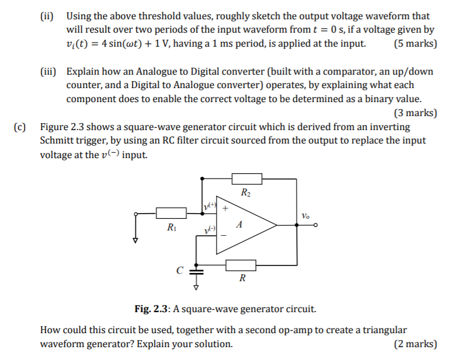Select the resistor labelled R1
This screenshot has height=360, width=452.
click(x=171, y=213)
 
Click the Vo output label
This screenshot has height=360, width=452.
click(x=306, y=215)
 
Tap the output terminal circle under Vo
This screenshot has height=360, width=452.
click(x=316, y=225)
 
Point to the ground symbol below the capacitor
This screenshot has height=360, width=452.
click(x=196, y=287)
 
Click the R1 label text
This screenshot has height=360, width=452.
click(x=171, y=227)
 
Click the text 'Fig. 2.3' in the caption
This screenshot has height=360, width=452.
click(x=148, y=309)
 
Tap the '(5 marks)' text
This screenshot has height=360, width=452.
click(x=415, y=43)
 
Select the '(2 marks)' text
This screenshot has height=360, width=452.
click(x=415, y=344)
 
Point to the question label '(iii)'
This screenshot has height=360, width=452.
click(x=48, y=71)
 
